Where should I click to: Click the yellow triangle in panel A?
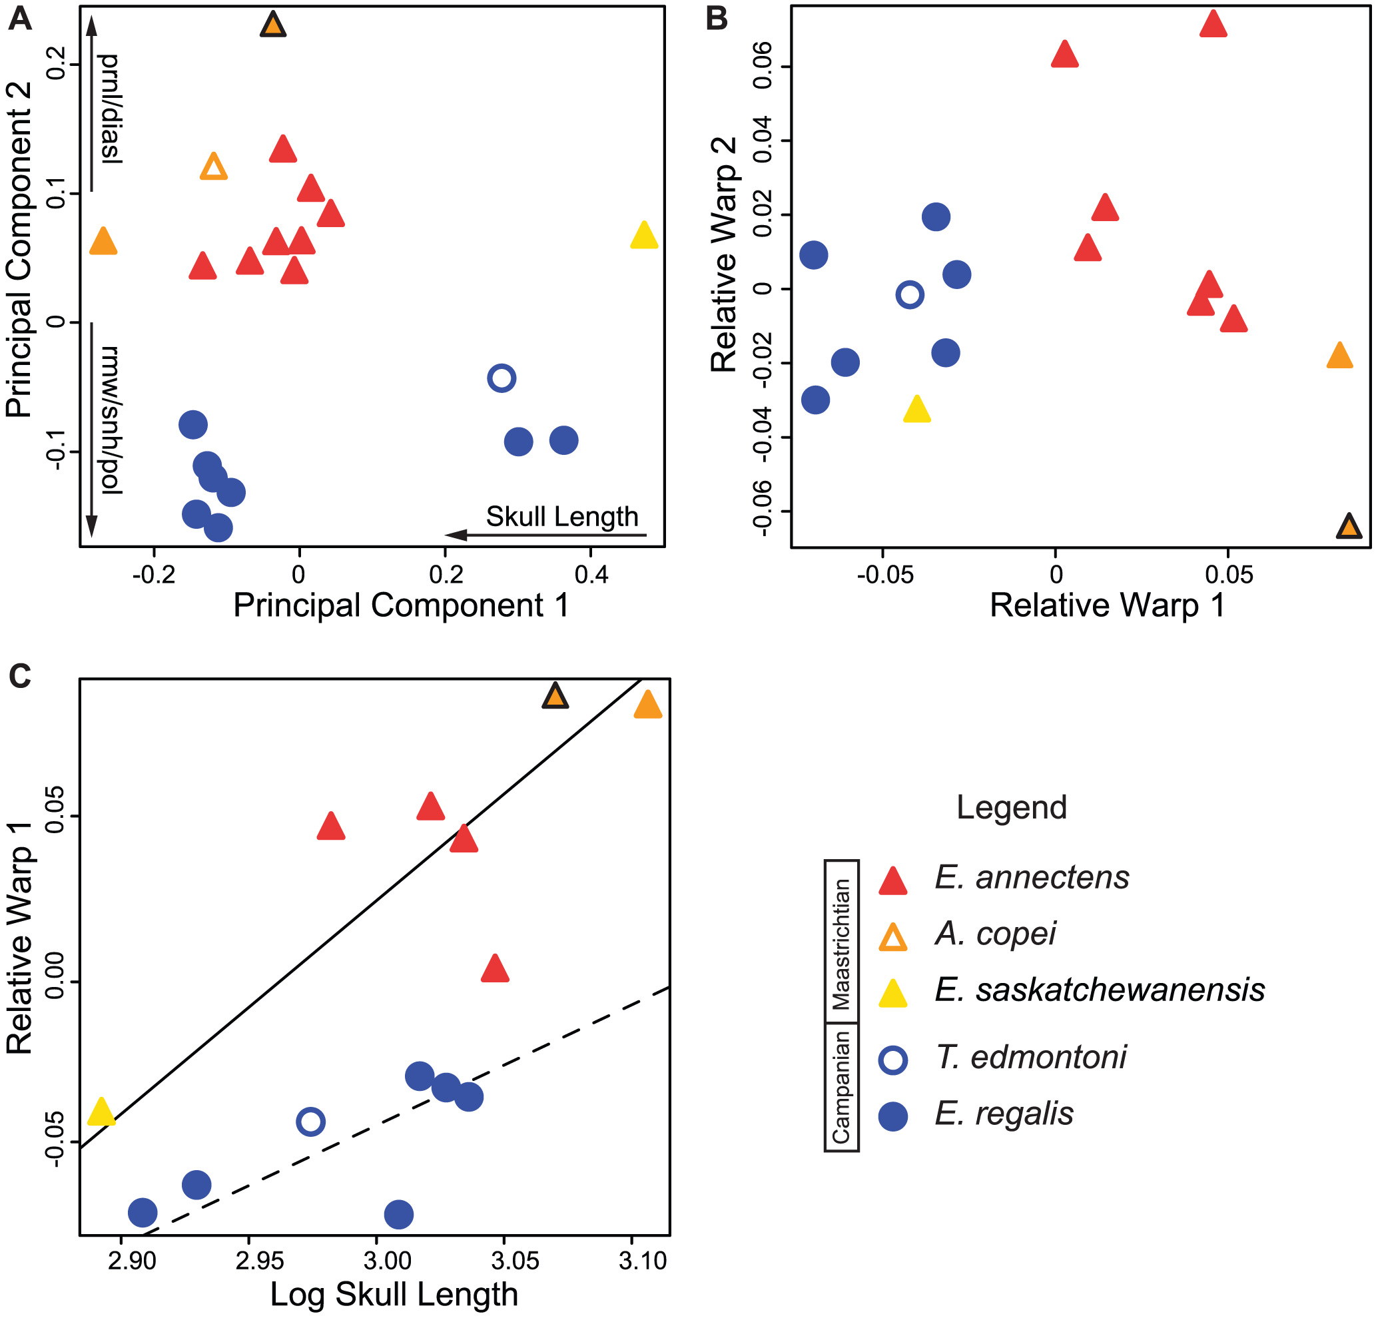(x=644, y=236)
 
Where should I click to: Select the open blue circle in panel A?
(x=502, y=378)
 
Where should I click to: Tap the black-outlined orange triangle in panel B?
(x=1349, y=527)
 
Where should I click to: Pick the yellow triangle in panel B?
(x=917, y=410)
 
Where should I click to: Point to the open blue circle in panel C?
(x=310, y=1122)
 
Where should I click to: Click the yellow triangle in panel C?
(x=102, y=1112)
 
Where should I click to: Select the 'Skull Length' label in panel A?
(x=561, y=517)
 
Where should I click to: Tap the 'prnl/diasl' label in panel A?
(x=111, y=109)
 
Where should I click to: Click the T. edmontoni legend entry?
(x=1030, y=1058)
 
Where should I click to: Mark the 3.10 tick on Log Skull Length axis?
(x=642, y=1261)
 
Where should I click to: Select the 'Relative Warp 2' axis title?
(x=724, y=254)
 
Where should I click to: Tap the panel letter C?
(x=21, y=677)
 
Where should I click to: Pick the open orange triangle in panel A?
(x=213, y=167)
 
